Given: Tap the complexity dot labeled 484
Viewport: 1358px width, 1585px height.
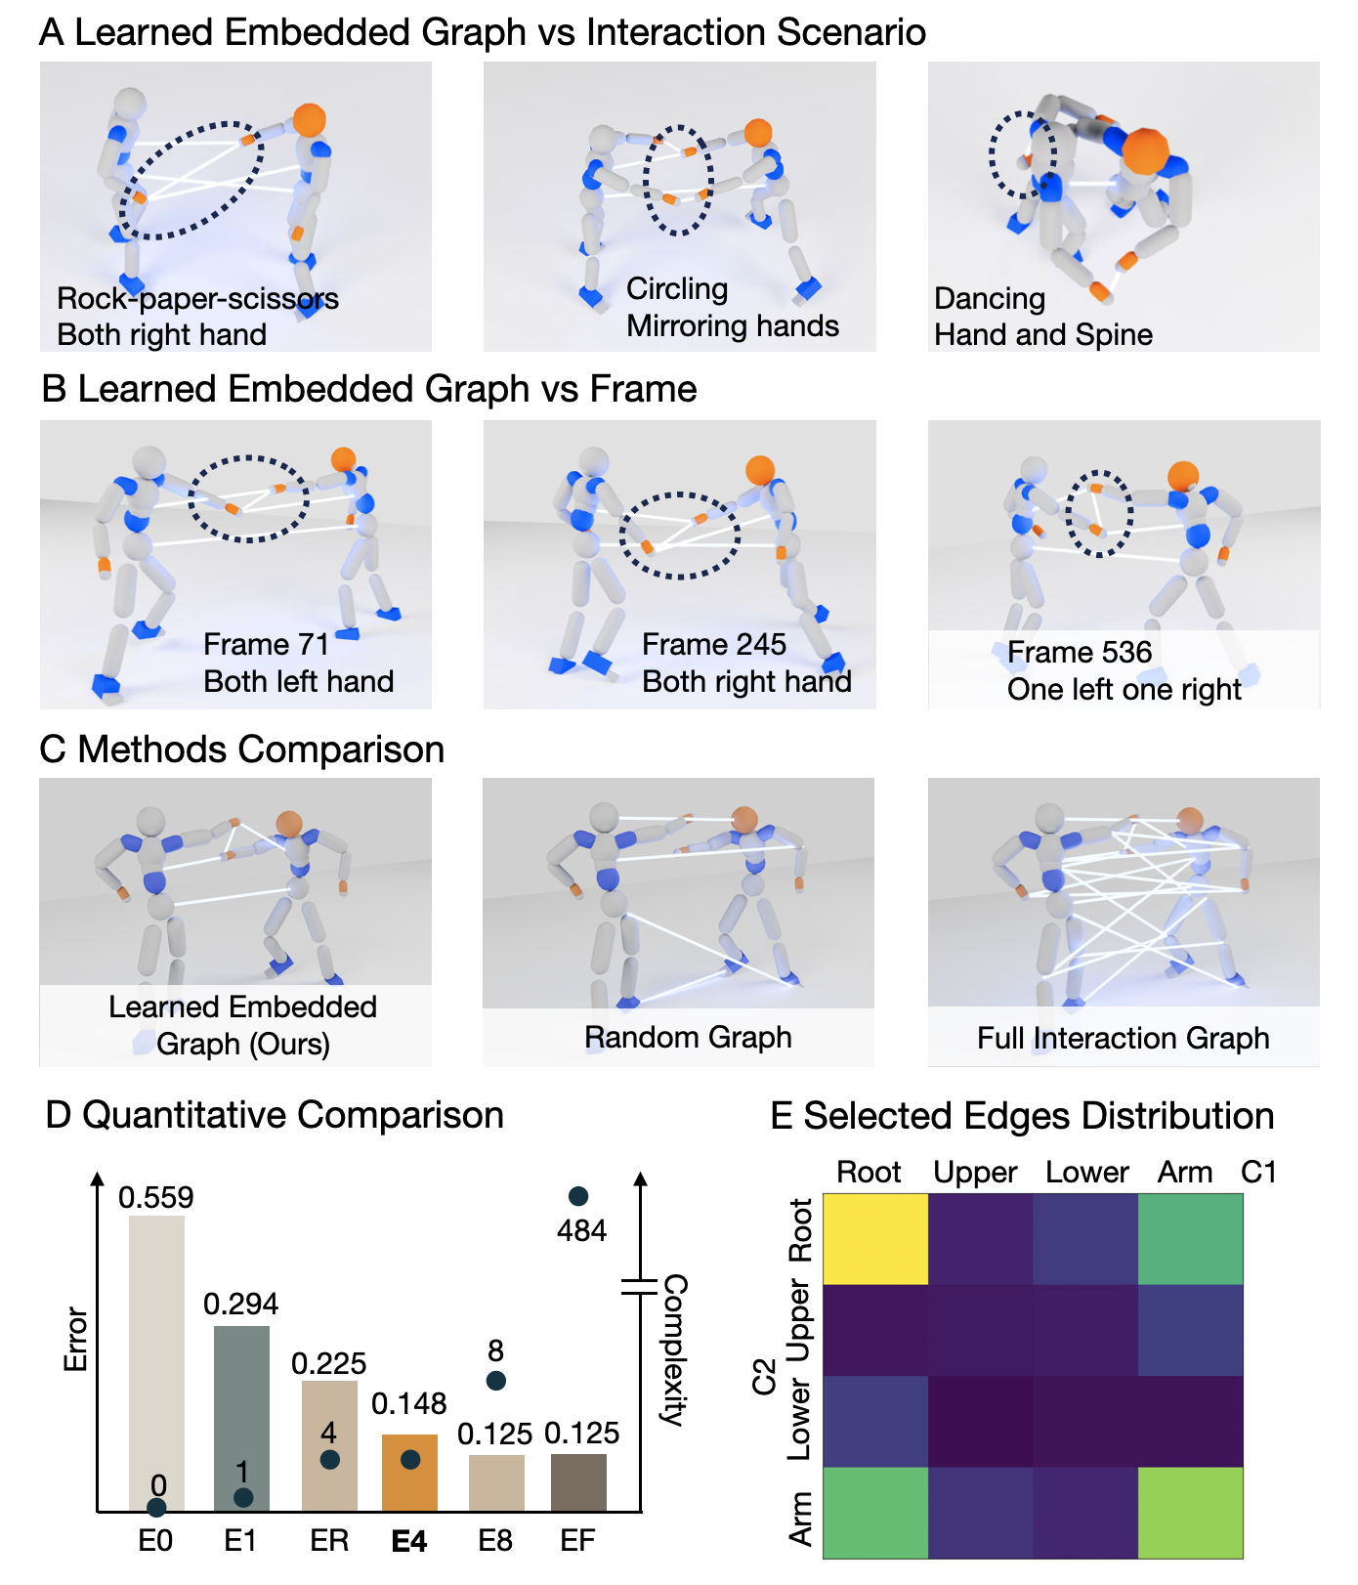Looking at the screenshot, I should point(577,1197).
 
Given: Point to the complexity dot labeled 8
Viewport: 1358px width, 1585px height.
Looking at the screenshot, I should point(495,1381).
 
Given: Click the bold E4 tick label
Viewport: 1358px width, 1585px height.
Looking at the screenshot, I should point(409,1542).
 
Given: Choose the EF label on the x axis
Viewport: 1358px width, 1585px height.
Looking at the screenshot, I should point(577,1542).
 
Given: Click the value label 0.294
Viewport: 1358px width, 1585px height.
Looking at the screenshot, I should point(240,1304).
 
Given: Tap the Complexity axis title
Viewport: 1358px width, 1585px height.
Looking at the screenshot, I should point(674,1349).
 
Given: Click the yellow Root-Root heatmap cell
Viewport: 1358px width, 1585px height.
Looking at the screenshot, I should point(875,1239).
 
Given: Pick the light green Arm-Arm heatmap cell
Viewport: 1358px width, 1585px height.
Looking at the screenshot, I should point(1190,1513).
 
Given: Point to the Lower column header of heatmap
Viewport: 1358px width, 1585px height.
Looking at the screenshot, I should point(1086,1173).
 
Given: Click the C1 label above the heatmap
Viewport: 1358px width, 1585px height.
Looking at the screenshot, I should point(1258,1173).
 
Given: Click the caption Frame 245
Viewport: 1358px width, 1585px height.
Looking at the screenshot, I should point(714,645).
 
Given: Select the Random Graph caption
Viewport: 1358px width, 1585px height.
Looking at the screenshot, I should point(688,1038).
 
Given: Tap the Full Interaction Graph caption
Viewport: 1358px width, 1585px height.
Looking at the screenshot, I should point(1123,1038).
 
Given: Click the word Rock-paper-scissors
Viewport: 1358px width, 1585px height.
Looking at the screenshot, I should point(197,299).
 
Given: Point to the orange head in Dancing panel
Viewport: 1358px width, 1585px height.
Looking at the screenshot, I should point(1145,151).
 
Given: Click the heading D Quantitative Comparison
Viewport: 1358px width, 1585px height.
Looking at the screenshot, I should point(275,1115).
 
